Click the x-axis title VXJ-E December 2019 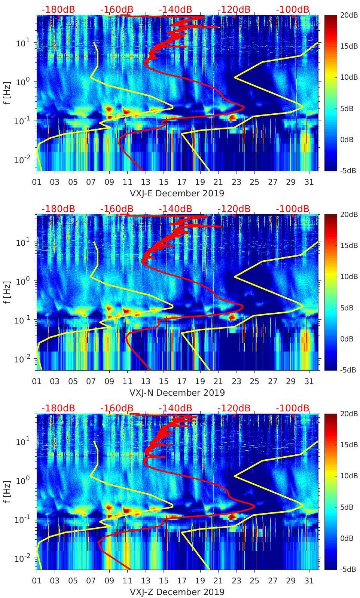point(177,193)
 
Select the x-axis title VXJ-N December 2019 point(177,393)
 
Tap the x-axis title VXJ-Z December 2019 point(177,592)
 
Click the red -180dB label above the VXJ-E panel point(58,10)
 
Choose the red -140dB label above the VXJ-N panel point(176,209)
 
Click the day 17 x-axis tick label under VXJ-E point(182,183)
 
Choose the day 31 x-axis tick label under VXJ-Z point(309,581)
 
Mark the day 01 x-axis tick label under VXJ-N point(37,382)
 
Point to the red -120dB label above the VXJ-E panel point(234,10)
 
